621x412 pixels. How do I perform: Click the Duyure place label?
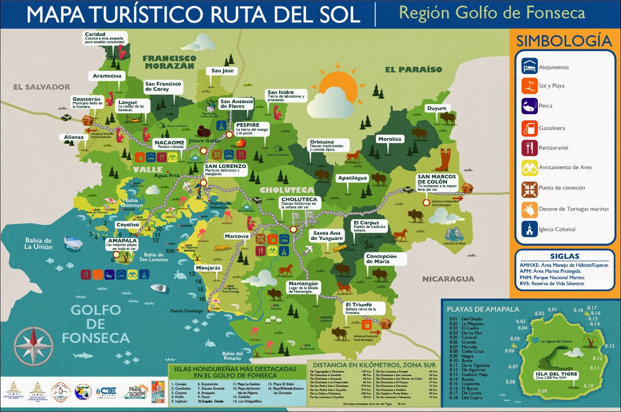[437, 108]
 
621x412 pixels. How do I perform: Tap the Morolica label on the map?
[389, 139]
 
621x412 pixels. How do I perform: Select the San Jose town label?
[222, 71]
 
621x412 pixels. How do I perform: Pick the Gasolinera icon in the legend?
[529, 128]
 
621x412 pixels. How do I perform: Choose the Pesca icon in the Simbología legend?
[529, 106]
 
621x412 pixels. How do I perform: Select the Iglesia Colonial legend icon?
[529, 229]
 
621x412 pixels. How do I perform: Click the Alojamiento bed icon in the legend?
[529, 66]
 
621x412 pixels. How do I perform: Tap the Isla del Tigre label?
[556, 375]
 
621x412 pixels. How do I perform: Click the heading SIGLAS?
[564, 256]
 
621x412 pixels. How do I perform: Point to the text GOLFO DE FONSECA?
[96, 324]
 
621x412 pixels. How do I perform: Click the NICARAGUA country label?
[448, 279]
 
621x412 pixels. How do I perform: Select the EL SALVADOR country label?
[42, 87]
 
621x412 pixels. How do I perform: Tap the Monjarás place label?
[208, 268]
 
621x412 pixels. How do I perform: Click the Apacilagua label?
[352, 178]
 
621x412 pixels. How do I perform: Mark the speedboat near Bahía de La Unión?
[73, 242]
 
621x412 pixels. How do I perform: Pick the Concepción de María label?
[381, 259]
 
